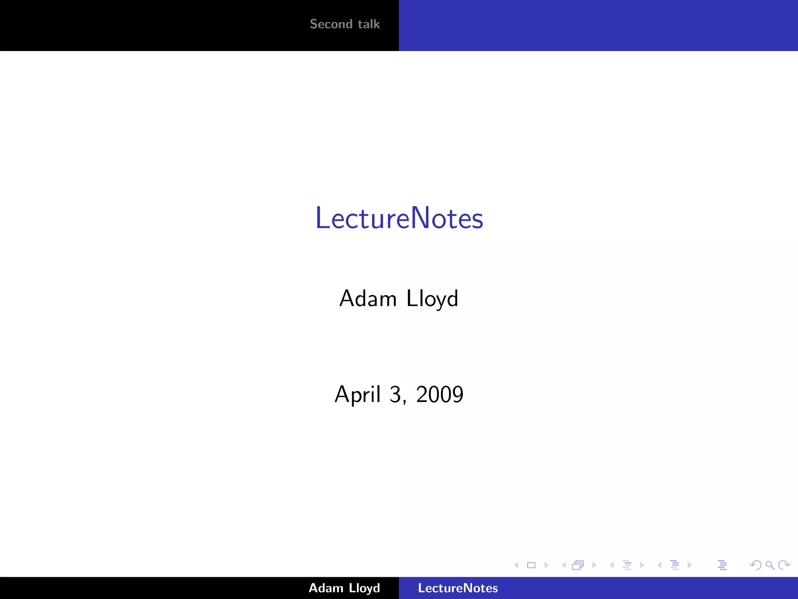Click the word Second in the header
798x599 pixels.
point(331,24)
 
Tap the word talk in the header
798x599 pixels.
point(369,24)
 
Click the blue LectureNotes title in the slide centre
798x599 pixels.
point(399,218)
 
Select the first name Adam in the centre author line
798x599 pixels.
point(368,299)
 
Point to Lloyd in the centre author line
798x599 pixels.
point(432,299)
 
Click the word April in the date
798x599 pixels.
point(357,394)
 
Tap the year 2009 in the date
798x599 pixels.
point(440,394)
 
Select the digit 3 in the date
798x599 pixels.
point(395,394)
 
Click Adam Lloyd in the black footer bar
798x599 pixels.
point(344,588)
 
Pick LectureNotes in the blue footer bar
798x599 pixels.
point(458,588)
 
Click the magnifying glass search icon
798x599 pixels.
point(770,565)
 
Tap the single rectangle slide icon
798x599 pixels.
point(531,565)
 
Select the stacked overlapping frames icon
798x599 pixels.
point(578,565)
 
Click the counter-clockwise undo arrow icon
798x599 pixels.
point(755,565)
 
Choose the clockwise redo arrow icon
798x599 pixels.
point(784,565)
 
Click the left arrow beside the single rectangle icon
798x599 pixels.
point(516,565)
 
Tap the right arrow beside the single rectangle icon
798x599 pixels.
point(547,565)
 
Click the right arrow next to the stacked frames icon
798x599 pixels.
point(594,565)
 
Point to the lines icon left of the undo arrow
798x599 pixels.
point(722,565)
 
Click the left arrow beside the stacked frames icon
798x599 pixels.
point(564,565)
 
